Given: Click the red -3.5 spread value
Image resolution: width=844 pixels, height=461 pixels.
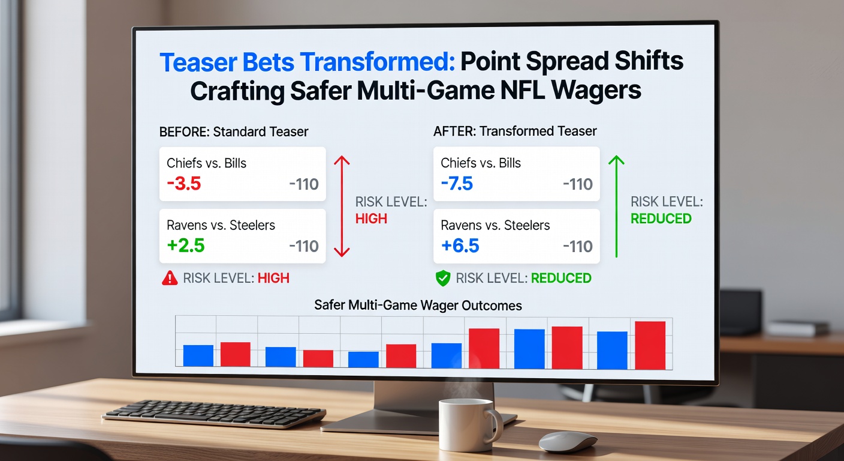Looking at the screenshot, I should click(184, 184).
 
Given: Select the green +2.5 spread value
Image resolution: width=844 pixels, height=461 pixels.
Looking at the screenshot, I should click(186, 246).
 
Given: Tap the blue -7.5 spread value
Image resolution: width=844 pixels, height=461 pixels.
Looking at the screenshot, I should click(457, 184).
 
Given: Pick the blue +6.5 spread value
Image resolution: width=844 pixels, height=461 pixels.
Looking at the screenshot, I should click(459, 246).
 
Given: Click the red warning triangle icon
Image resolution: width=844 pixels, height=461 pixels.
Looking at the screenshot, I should click(170, 278).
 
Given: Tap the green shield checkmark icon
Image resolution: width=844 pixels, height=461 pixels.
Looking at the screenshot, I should click(442, 278).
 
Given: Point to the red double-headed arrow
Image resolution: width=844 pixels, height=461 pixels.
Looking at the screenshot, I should click(341, 206).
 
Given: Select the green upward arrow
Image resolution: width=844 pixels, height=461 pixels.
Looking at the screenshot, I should click(616, 206).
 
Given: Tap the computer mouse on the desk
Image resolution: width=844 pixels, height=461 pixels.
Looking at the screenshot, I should click(568, 441).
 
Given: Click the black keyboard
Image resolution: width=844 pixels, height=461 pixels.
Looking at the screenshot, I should click(214, 414).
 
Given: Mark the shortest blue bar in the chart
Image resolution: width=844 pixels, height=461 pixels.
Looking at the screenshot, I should click(363, 359).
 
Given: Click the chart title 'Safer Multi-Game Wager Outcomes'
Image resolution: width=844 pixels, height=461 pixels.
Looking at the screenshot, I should click(418, 305).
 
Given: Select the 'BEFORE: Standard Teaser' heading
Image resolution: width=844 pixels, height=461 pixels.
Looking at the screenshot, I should click(234, 131).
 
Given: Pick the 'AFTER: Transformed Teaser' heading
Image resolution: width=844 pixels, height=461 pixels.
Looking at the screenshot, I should click(515, 131).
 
